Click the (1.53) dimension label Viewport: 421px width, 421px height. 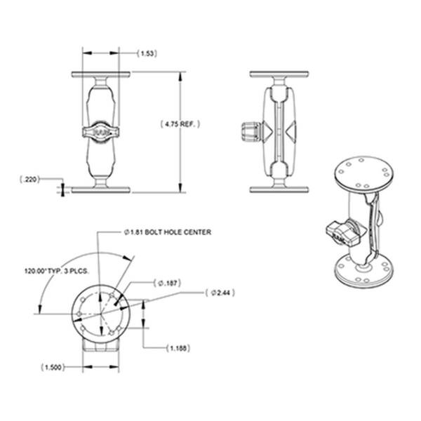147,53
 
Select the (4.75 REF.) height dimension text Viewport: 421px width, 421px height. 180,124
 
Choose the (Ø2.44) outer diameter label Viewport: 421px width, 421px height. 222,293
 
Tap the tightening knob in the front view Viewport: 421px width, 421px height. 100,131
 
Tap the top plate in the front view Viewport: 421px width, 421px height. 100,74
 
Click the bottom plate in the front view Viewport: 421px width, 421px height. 100,189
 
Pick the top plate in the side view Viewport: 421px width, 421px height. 279,74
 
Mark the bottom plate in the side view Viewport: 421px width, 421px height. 279,189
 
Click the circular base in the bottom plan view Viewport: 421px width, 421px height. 102,309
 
